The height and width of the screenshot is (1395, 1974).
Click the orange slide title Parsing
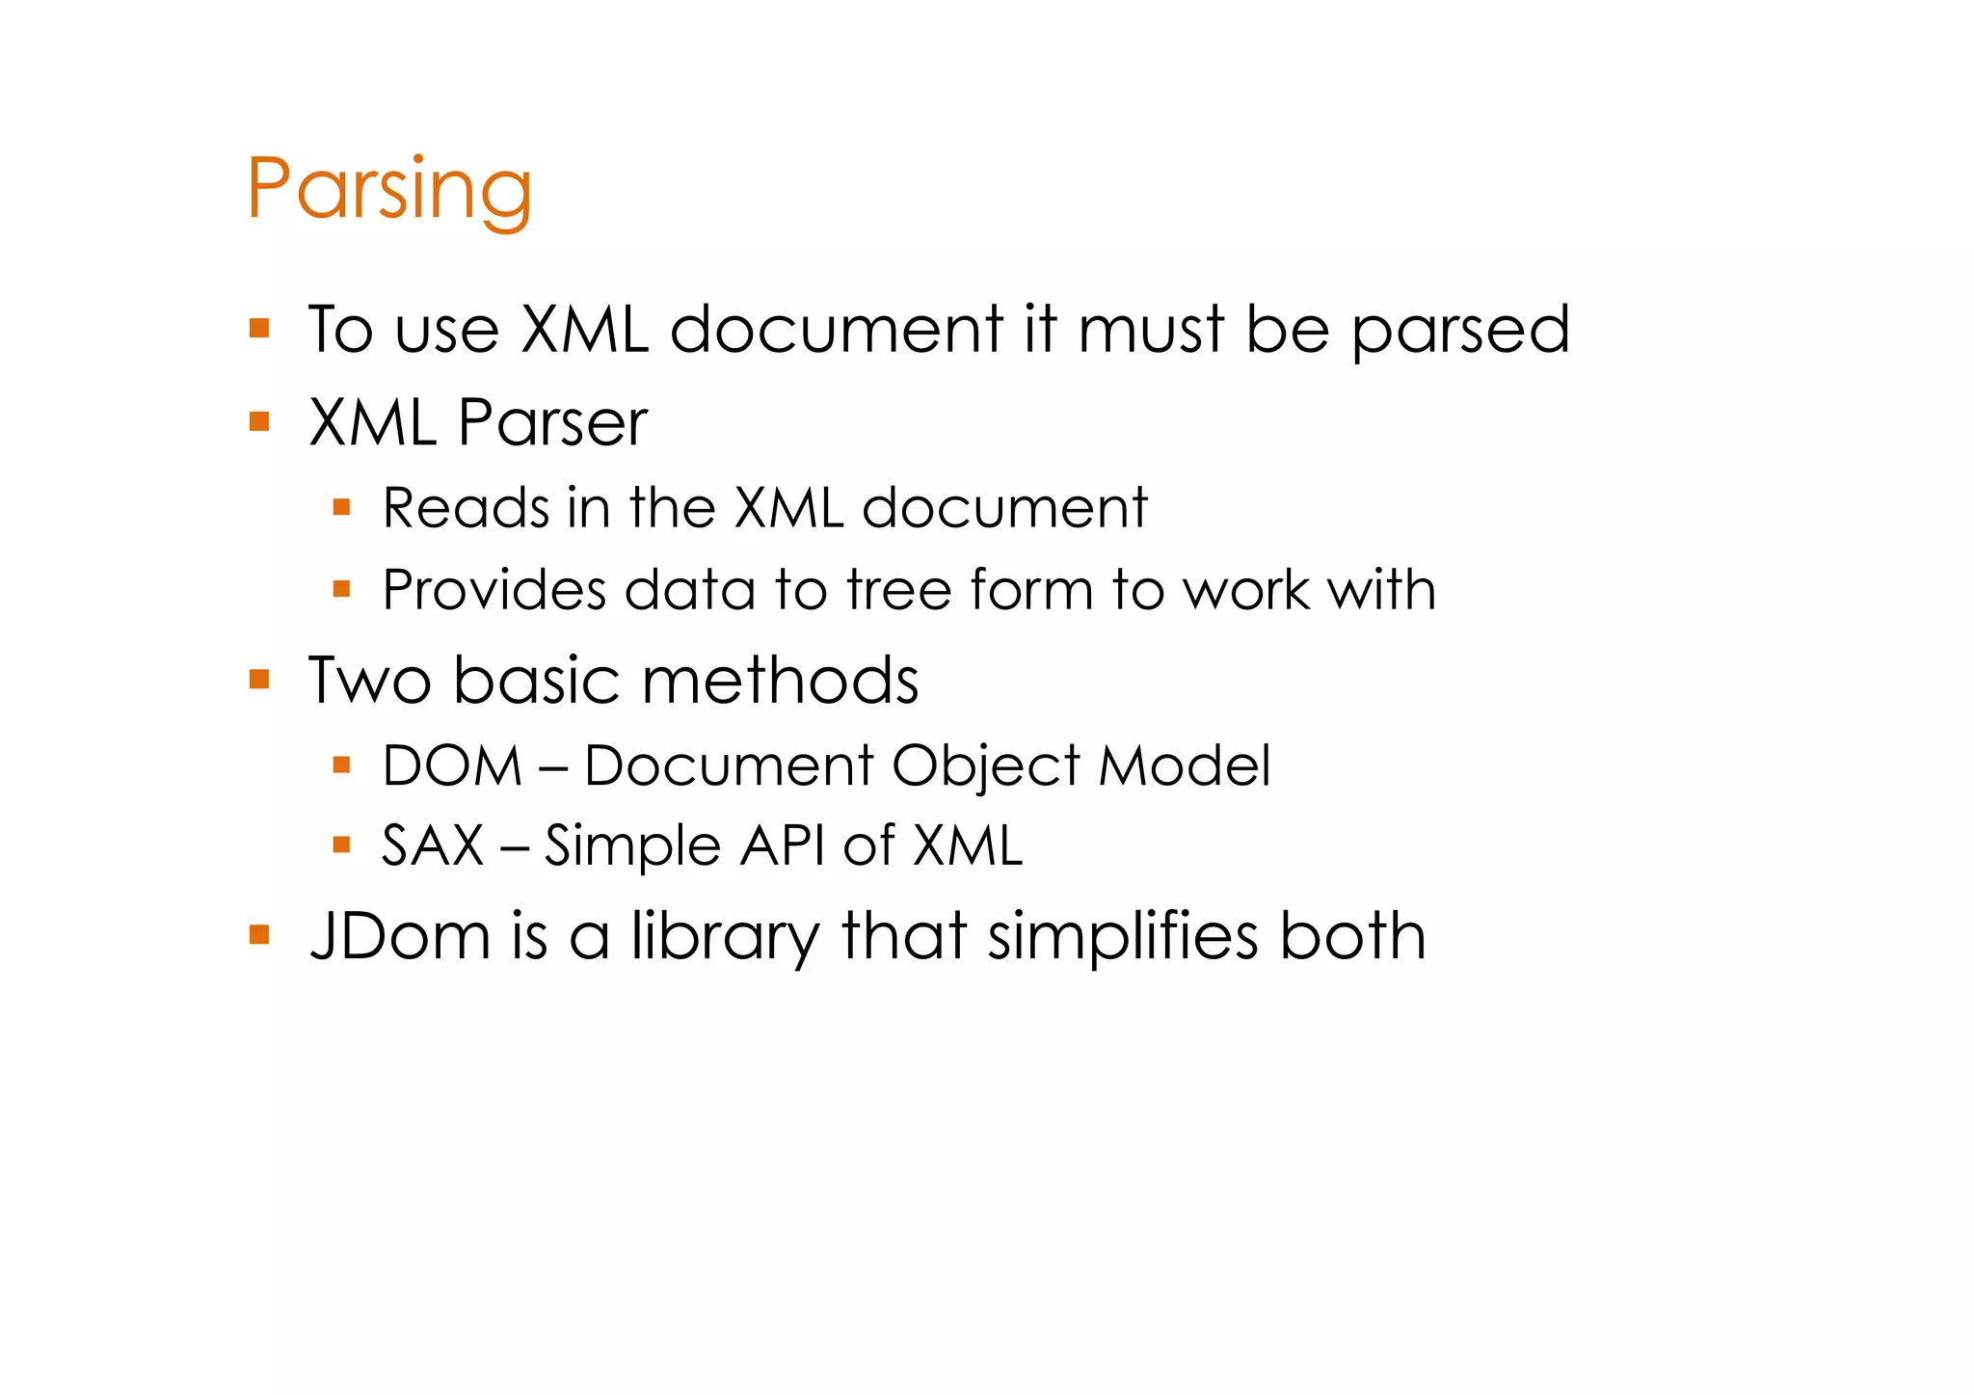pos(388,189)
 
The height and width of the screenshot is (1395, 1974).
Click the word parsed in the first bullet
pos(1459,331)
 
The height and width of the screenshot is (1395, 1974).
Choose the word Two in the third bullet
pos(369,681)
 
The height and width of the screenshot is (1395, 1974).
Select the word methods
pos(780,681)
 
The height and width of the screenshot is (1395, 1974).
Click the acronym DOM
pos(451,765)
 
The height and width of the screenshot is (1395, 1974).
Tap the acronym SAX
pos(432,845)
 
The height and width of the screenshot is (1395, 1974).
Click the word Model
pos(1184,765)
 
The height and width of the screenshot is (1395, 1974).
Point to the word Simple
pos(632,846)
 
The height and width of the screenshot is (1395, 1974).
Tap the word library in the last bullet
pos(724,937)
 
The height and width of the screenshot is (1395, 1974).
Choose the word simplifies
pos(1123,936)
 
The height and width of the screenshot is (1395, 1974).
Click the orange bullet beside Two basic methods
pos(258,680)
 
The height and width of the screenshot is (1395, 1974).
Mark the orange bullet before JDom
pos(258,934)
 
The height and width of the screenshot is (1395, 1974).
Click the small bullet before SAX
pos(340,845)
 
